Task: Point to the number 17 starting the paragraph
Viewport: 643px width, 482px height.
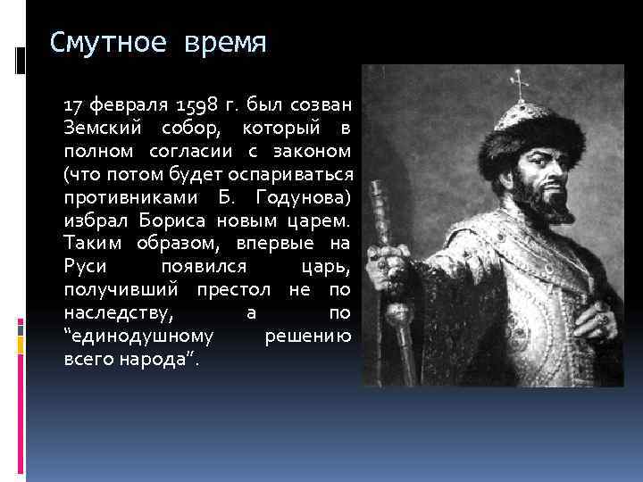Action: point(75,104)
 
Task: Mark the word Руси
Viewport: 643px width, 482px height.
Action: point(84,266)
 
